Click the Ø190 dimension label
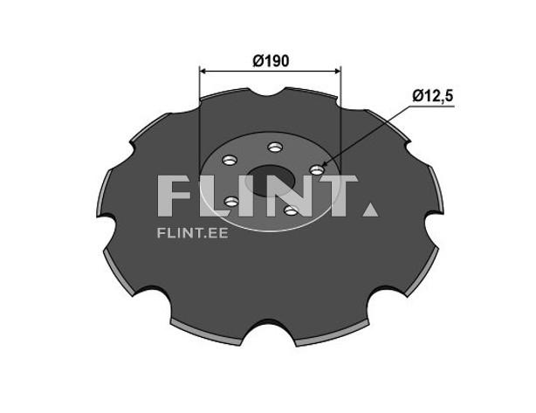270,61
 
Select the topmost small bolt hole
275,147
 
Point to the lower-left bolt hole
231,202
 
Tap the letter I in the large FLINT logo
251,196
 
